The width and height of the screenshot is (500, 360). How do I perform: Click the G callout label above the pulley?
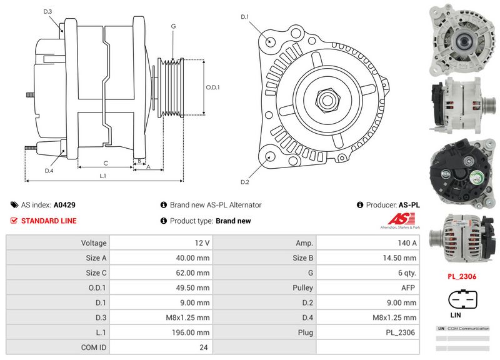click(172, 26)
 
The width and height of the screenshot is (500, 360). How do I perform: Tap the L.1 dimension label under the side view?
click(103, 176)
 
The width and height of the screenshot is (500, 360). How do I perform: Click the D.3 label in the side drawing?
click(48, 12)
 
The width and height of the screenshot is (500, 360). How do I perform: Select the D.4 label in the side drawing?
click(49, 171)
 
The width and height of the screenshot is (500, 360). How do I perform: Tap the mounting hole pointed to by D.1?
click(270, 42)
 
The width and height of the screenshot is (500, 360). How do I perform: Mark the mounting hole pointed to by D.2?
click(269, 157)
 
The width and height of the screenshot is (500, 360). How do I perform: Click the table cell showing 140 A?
click(369, 242)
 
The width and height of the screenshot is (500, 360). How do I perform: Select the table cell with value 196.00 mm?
click(162, 332)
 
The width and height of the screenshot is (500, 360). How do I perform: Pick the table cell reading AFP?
click(369, 287)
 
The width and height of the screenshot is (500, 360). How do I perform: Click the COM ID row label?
click(94, 347)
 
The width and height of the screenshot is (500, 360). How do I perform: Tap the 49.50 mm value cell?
click(162, 287)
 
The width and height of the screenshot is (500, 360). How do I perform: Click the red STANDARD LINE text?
click(49, 221)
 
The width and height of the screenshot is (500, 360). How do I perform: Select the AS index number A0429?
click(64, 204)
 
